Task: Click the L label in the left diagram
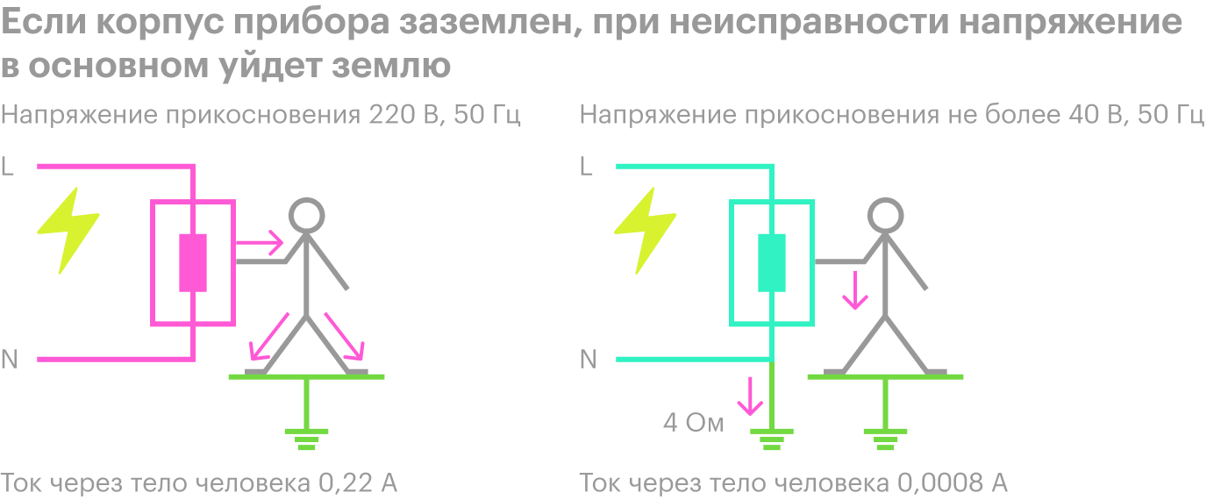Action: (7, 166)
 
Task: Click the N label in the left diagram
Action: (10, 360)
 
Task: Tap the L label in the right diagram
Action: (586, 166)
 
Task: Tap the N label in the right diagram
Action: (589, 360)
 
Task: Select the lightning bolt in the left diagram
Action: (68, 230)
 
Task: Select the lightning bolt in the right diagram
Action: (646, 230)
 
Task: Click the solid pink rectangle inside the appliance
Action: (193, 262)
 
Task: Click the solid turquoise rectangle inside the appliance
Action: (771, 262)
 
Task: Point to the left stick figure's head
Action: (306, 216)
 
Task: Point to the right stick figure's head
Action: (885, 216)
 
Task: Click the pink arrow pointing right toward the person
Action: (259, 242)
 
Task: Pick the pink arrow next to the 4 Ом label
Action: (750, 396)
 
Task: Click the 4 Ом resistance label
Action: (694, 423)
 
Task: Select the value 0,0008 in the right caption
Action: (940, 483)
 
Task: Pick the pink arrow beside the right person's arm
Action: (854, 290)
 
